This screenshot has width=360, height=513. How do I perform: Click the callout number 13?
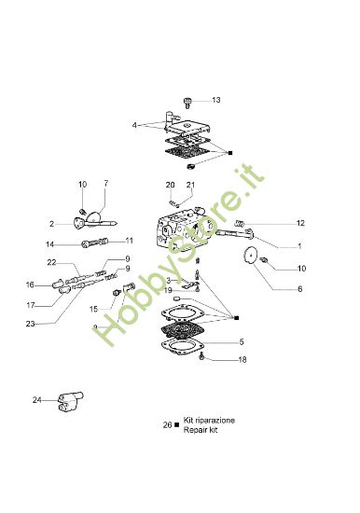tap(216, 100)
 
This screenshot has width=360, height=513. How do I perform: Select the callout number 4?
tap(134, 124)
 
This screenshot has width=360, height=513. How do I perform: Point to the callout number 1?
tap(299, 246)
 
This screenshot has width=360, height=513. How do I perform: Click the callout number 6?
tap(299, 289)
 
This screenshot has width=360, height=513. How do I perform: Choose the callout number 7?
tap(105, 183)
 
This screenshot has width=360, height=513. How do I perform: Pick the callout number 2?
tap(52, 224)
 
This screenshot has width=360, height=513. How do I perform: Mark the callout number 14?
tap(50, 244)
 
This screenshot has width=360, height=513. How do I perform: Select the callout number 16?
tap(30, 284)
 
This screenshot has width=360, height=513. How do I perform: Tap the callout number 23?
tap(30, 324)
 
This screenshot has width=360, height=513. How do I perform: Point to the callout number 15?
tap(93, 308)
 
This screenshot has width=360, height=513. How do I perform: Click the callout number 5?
tap(241, 342)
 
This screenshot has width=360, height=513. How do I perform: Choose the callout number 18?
tap(242, 360)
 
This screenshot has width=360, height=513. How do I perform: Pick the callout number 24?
tap(37, 400)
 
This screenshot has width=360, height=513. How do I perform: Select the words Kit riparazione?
tap(209, 421)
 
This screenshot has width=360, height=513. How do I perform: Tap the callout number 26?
tap(166, 425)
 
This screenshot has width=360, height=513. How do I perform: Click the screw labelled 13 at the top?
tap(190, 99)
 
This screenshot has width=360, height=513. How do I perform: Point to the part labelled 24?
tap(66, 402)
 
